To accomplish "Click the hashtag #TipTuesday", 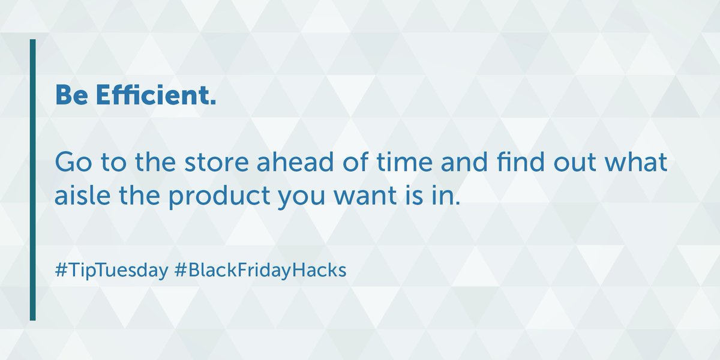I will point(110,271).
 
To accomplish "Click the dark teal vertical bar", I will point(33,180).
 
